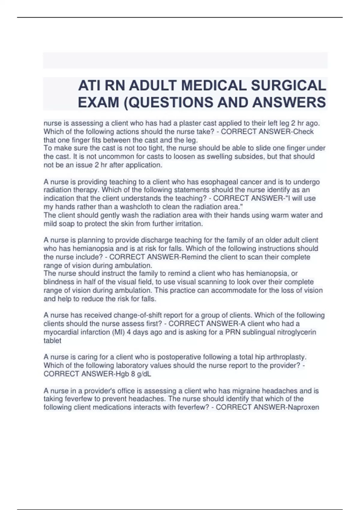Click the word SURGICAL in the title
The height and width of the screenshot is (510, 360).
click(288, 86)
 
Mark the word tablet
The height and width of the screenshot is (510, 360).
click(52, 340)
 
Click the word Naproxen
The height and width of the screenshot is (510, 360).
click(304, 407)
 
